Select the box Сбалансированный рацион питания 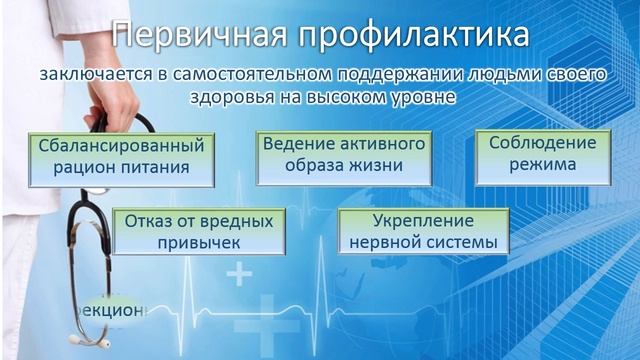coord(121,156)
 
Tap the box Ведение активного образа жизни coord(343,155)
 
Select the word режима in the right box coord(542,165)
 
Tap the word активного coord(381,144)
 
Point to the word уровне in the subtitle coord(419,99)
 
